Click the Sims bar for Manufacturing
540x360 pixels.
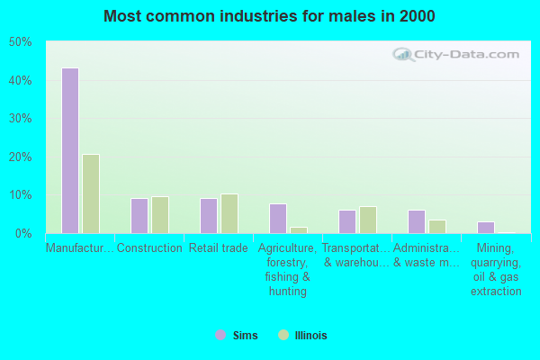click(x=69, y=150)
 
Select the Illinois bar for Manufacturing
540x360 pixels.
click(x=91, y=193)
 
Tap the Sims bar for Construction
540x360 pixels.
click(x=139, y=216)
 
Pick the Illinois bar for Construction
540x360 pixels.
click(x=160, y=215)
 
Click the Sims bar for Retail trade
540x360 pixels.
click(x=208, y=216)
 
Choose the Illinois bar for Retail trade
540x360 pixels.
click(x=229, y=213)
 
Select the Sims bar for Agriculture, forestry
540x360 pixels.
click(x=277, y=219)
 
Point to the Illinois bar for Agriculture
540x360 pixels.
click(x=299, y=230)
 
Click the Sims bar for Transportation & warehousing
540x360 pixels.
click(x=346, y=221)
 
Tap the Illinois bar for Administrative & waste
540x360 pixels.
click(x=437, y=227)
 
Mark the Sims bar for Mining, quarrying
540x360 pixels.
click(x=485, y=228)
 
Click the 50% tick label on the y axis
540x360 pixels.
click(x=20, y=42)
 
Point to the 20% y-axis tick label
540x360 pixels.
click(x=20, y=157)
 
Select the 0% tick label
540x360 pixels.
click(x=22, y=233)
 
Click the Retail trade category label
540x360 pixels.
click(x=219, y=248)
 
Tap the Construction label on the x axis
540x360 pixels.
click(x=149, y=248)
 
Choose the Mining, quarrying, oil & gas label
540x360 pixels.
click(x=496, y=269)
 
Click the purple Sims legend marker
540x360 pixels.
click(x=220, y=335)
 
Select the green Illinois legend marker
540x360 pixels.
click(x=283, y=335)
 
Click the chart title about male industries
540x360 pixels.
click(x=269, y=16)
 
